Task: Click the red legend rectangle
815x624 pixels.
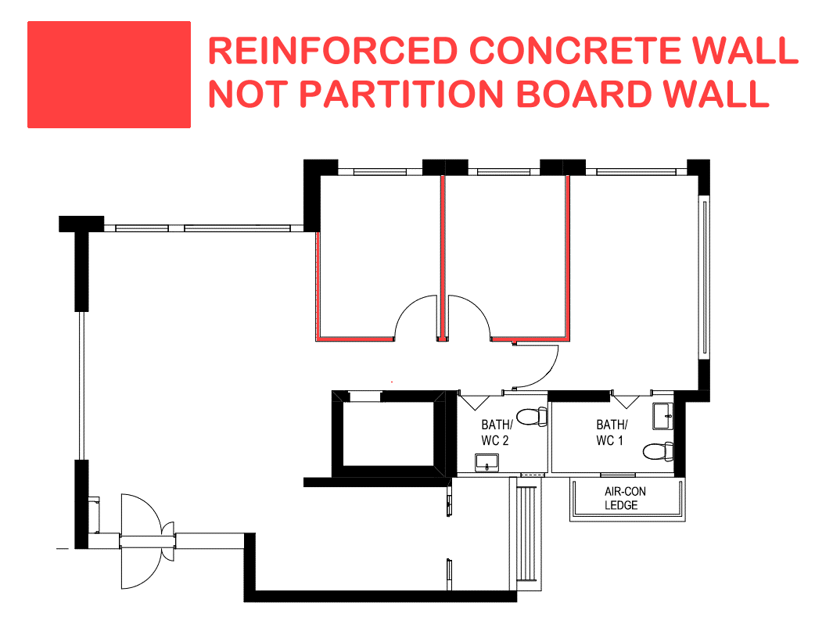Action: tap(109, 74)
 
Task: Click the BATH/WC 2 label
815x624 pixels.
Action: tap(496, 432)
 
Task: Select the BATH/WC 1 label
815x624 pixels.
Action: tap(611, 432)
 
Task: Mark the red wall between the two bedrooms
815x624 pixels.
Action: tap(443, 258)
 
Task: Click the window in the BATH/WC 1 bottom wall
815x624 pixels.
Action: tap(618, 474)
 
